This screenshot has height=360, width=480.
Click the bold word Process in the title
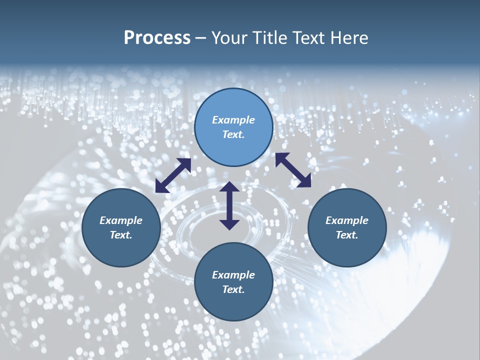[157, 38]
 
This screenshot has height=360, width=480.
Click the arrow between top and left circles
[173, 175]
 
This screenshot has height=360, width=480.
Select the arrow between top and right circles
[293, 170]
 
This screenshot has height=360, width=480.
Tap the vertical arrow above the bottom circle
[229, 205]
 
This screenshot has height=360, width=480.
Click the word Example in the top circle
[233, 120]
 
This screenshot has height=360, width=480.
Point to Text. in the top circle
[233, 134]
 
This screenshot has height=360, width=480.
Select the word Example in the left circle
[121, 220]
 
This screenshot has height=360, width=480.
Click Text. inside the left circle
[121, 235]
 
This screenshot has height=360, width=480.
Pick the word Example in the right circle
[347, 220]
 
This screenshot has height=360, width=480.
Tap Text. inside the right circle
[347, 235]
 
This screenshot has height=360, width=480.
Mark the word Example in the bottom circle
[233, 275]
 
